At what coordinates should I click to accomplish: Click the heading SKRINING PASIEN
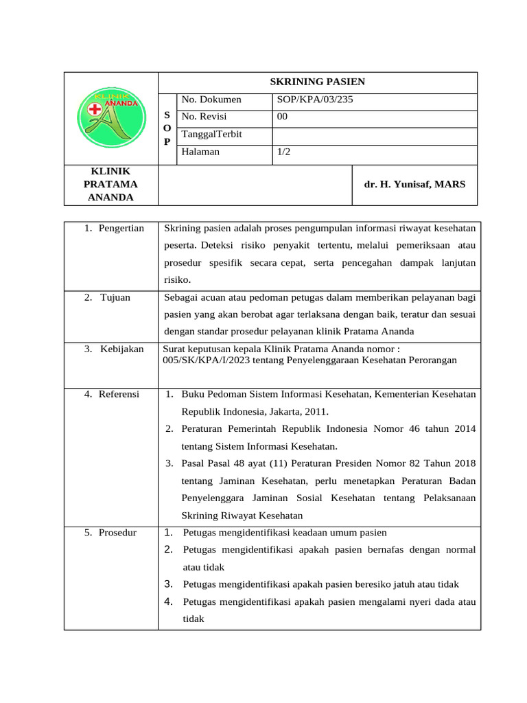pos(317,82)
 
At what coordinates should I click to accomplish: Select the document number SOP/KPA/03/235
pos(315,100)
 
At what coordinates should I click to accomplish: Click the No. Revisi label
pos(204,117)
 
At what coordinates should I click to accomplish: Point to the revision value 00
pos(282,117)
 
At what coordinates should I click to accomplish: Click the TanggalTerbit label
pos(212,135)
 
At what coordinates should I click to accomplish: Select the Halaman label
pos(200,152)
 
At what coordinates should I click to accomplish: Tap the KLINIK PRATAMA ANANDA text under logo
pos(110,184)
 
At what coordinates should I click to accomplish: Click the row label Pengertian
pos(121,229)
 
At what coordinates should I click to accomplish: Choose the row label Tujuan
pos(115,297)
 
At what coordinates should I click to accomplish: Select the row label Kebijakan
pos(121,349)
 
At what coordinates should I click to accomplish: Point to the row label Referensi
pos(119,394)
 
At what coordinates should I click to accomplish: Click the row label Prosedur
pos(117,533)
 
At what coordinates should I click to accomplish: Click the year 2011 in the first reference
pos(316,412)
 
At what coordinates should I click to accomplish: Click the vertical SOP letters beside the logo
pos(167,128)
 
